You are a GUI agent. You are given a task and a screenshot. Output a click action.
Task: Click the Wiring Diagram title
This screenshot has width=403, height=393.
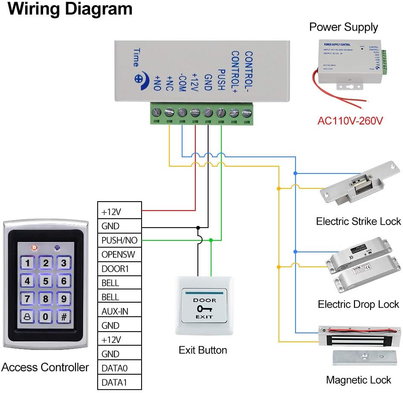[x=70, y=9]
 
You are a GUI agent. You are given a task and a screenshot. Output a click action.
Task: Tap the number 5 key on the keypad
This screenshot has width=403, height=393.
[x=46, y=281]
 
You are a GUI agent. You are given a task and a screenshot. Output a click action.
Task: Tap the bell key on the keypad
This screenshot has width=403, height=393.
[x=27, y=316]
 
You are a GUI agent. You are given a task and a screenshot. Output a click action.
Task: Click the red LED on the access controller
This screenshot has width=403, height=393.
[x=34, y=247]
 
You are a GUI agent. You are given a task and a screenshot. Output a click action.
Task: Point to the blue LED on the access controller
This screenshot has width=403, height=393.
[x=57, y=247]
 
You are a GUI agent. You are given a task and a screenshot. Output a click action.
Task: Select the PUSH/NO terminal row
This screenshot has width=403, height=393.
[x=119, y=240]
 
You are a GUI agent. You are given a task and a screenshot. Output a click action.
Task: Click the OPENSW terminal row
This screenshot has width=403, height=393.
[x=119, y=255]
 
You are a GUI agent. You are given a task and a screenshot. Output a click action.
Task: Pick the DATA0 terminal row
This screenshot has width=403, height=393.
[x=119, y=368]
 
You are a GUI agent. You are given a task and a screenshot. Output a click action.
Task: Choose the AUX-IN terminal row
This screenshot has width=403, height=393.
[x=119, y=312]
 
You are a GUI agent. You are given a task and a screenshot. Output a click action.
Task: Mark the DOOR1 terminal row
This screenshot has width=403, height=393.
[x=119, y=269]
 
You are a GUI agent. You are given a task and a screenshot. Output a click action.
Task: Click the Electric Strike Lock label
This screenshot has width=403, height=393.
[x=358, y=221]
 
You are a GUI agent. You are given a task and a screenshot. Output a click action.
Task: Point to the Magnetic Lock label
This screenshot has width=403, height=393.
[x=358, y=380]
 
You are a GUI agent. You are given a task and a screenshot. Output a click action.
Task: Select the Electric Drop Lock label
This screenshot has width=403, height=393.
[x=358, y=304]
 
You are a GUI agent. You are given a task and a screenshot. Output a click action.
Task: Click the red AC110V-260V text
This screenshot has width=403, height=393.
[x=350, y=121]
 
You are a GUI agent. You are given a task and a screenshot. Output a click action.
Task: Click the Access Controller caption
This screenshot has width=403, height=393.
[x=45, y=367]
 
